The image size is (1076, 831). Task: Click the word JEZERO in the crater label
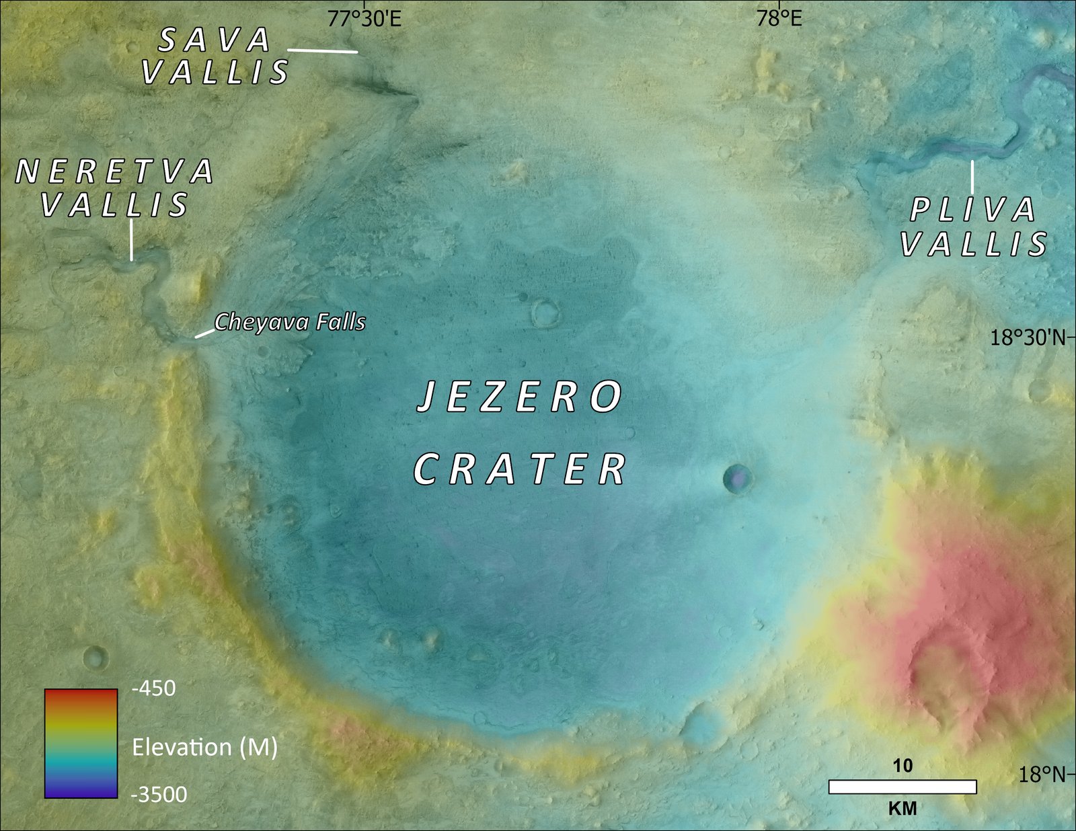519,397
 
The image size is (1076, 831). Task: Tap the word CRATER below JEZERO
519,469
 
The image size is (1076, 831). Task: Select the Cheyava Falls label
290,322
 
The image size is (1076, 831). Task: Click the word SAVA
215,40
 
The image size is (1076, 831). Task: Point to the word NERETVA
114,172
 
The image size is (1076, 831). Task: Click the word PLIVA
972,210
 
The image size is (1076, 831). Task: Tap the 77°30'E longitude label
364,18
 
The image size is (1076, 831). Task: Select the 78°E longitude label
779,18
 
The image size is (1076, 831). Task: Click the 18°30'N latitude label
1028,337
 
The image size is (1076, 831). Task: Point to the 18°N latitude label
1042,775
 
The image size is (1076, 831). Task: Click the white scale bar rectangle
902,787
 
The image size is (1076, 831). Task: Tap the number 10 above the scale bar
902,766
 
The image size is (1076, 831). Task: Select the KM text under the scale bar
902,808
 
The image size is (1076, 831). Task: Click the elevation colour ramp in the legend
81,743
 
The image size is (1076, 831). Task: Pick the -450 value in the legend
153,688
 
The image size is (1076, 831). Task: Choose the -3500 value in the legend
159,795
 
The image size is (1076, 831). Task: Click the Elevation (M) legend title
204,747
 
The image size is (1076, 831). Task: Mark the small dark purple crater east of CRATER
738,479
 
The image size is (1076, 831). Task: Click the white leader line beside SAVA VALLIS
323,50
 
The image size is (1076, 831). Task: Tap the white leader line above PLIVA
972,177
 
